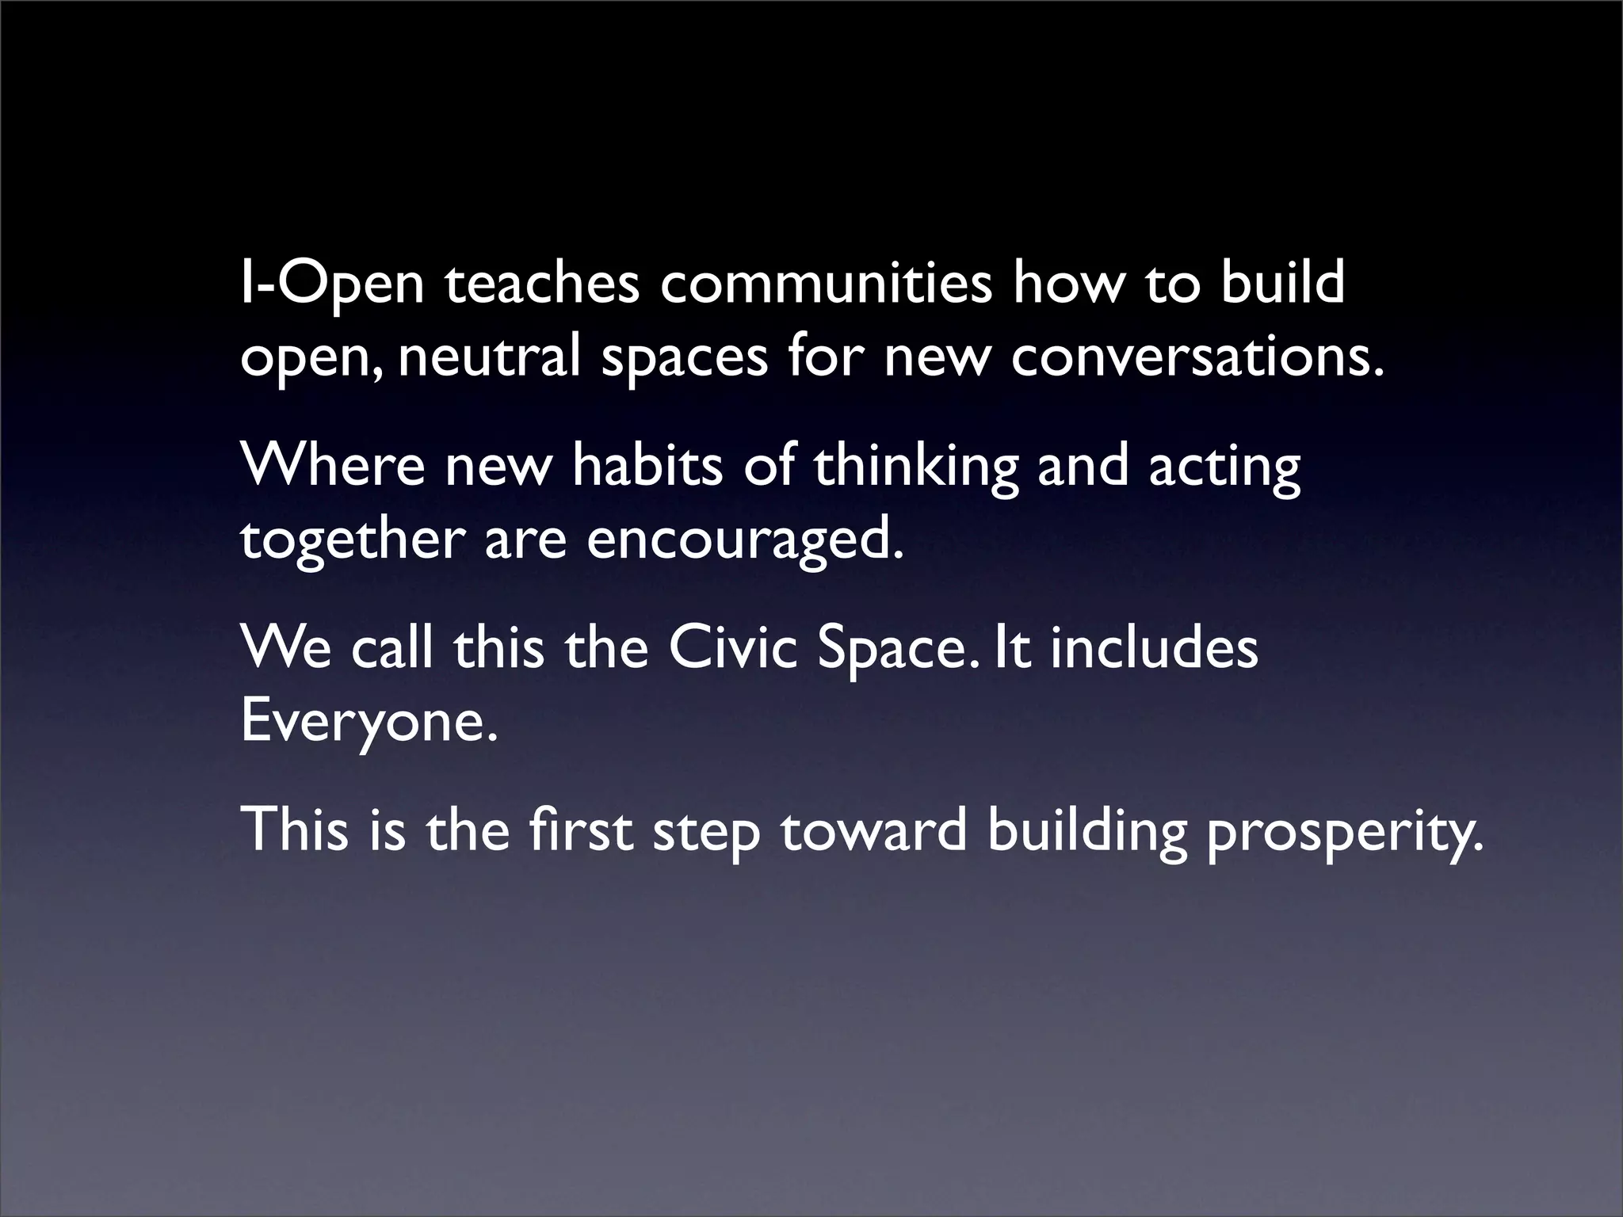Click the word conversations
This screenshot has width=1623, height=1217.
click(x=1197, y=358)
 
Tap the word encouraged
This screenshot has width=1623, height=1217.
click(x=744, y=539)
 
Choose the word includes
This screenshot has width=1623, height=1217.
click(x=1154, y=648)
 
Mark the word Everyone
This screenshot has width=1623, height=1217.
click(x=369, y=721)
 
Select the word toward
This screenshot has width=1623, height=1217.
click(x=874, y=830)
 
